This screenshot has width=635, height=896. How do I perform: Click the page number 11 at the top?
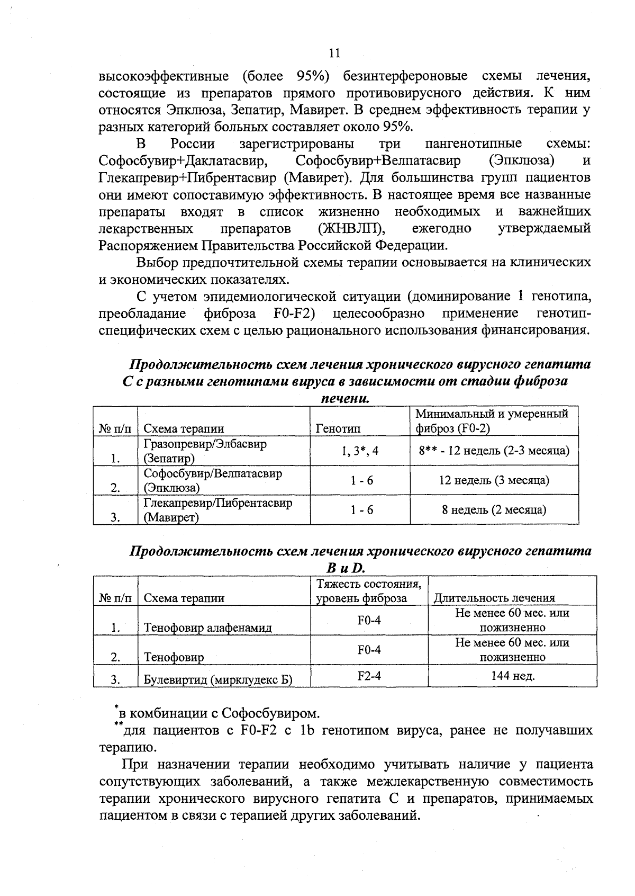click(334, 53)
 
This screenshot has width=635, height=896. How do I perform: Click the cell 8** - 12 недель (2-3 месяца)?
click(494, 451)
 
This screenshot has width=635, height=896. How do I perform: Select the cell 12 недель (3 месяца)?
click(494, 480)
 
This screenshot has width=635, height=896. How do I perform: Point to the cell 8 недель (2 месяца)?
click(494, 510)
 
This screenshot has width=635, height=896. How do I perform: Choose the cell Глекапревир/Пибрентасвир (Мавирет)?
click(217, 510)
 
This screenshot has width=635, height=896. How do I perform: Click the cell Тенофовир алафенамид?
click(207, 628)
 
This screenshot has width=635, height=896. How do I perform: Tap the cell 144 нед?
click(512, 676)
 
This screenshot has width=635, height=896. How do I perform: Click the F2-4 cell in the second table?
click(369, 676)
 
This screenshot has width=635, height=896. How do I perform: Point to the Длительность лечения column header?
click(494, 598)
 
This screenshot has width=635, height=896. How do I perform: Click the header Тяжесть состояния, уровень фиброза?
click(369, 591)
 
